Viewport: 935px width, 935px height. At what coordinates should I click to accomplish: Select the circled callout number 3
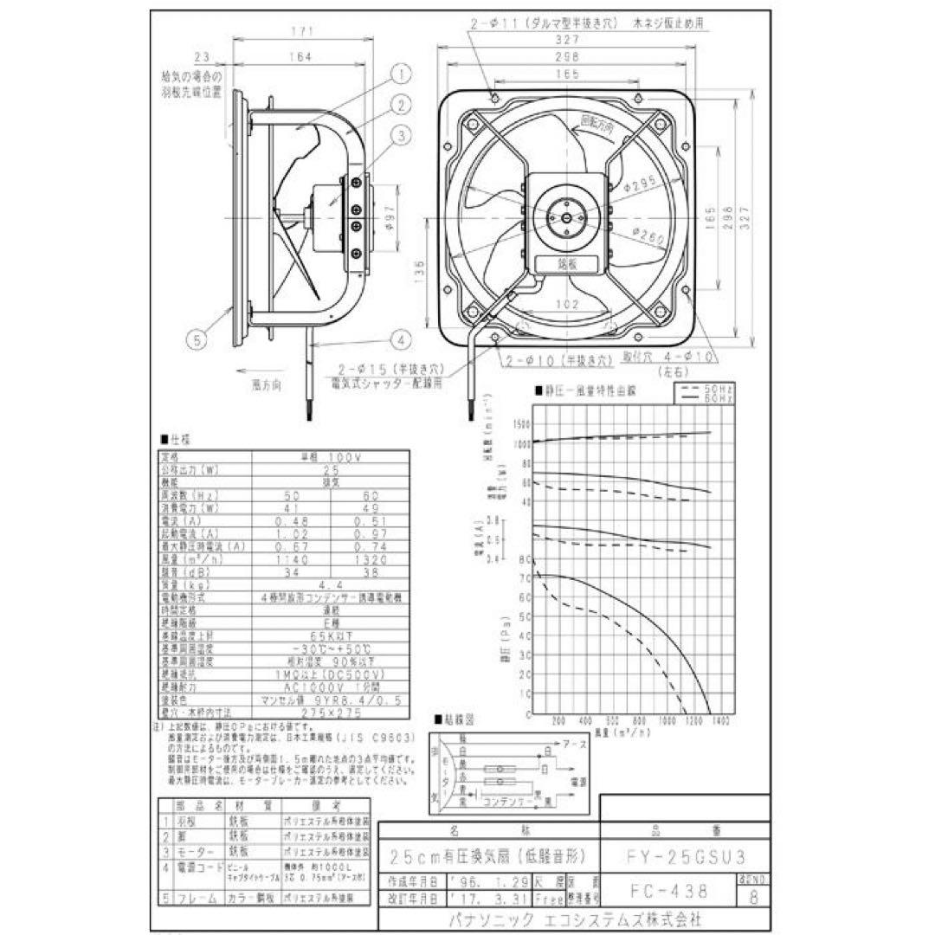(x=403, y=134)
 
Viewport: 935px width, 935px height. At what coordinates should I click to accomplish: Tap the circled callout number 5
(x=198, y=340)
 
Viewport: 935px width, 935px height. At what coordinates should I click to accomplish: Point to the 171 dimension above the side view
(x=300, y=32)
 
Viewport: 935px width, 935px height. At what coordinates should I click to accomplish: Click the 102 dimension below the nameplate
(x=565, y=305)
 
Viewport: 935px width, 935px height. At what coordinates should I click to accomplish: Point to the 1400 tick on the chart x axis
(x=720, y=720)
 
